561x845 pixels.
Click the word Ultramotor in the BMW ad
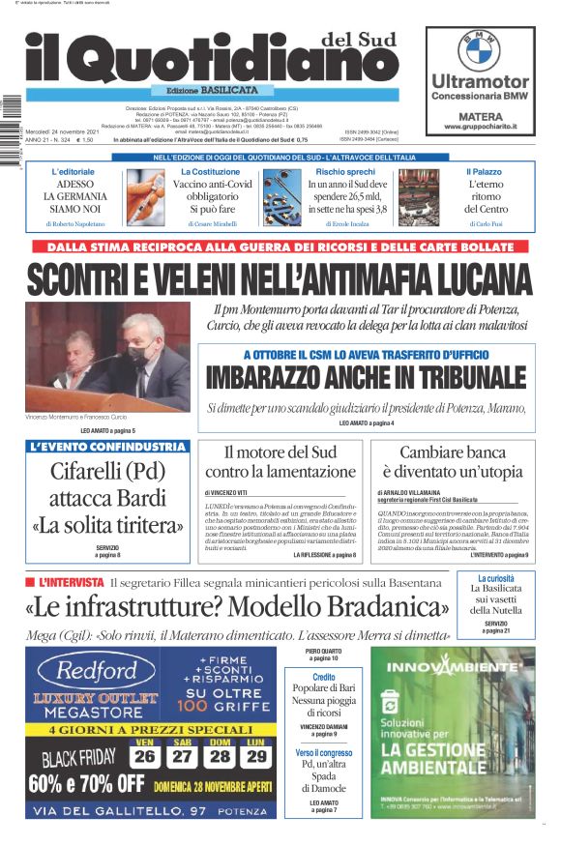pyautogui.click(x=479, y=81)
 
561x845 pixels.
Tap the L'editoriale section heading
pyautogui.click(x=73, y=171)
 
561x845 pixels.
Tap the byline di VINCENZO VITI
pyautogui.click(x=227, y=492)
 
